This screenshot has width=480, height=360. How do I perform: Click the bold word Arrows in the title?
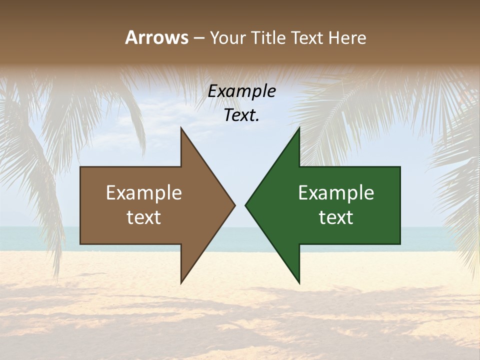point(156,37)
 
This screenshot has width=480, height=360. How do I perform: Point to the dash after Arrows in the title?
point(198,38)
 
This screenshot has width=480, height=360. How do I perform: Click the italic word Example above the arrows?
point(241,91)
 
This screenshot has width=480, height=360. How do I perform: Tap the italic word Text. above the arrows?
point(241,115)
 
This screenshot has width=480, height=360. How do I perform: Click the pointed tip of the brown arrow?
point(234,205)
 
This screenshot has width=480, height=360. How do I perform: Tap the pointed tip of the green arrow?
point(246,205)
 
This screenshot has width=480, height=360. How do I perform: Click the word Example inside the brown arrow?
point(144,193)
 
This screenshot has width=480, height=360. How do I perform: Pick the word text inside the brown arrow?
point(144,217)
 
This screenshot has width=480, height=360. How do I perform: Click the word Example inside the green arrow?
point(336,193)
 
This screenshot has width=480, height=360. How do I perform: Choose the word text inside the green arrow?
point(336,217)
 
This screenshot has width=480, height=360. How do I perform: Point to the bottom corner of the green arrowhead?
point(299,282)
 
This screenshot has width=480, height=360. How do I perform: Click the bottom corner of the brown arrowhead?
point(181,282)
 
